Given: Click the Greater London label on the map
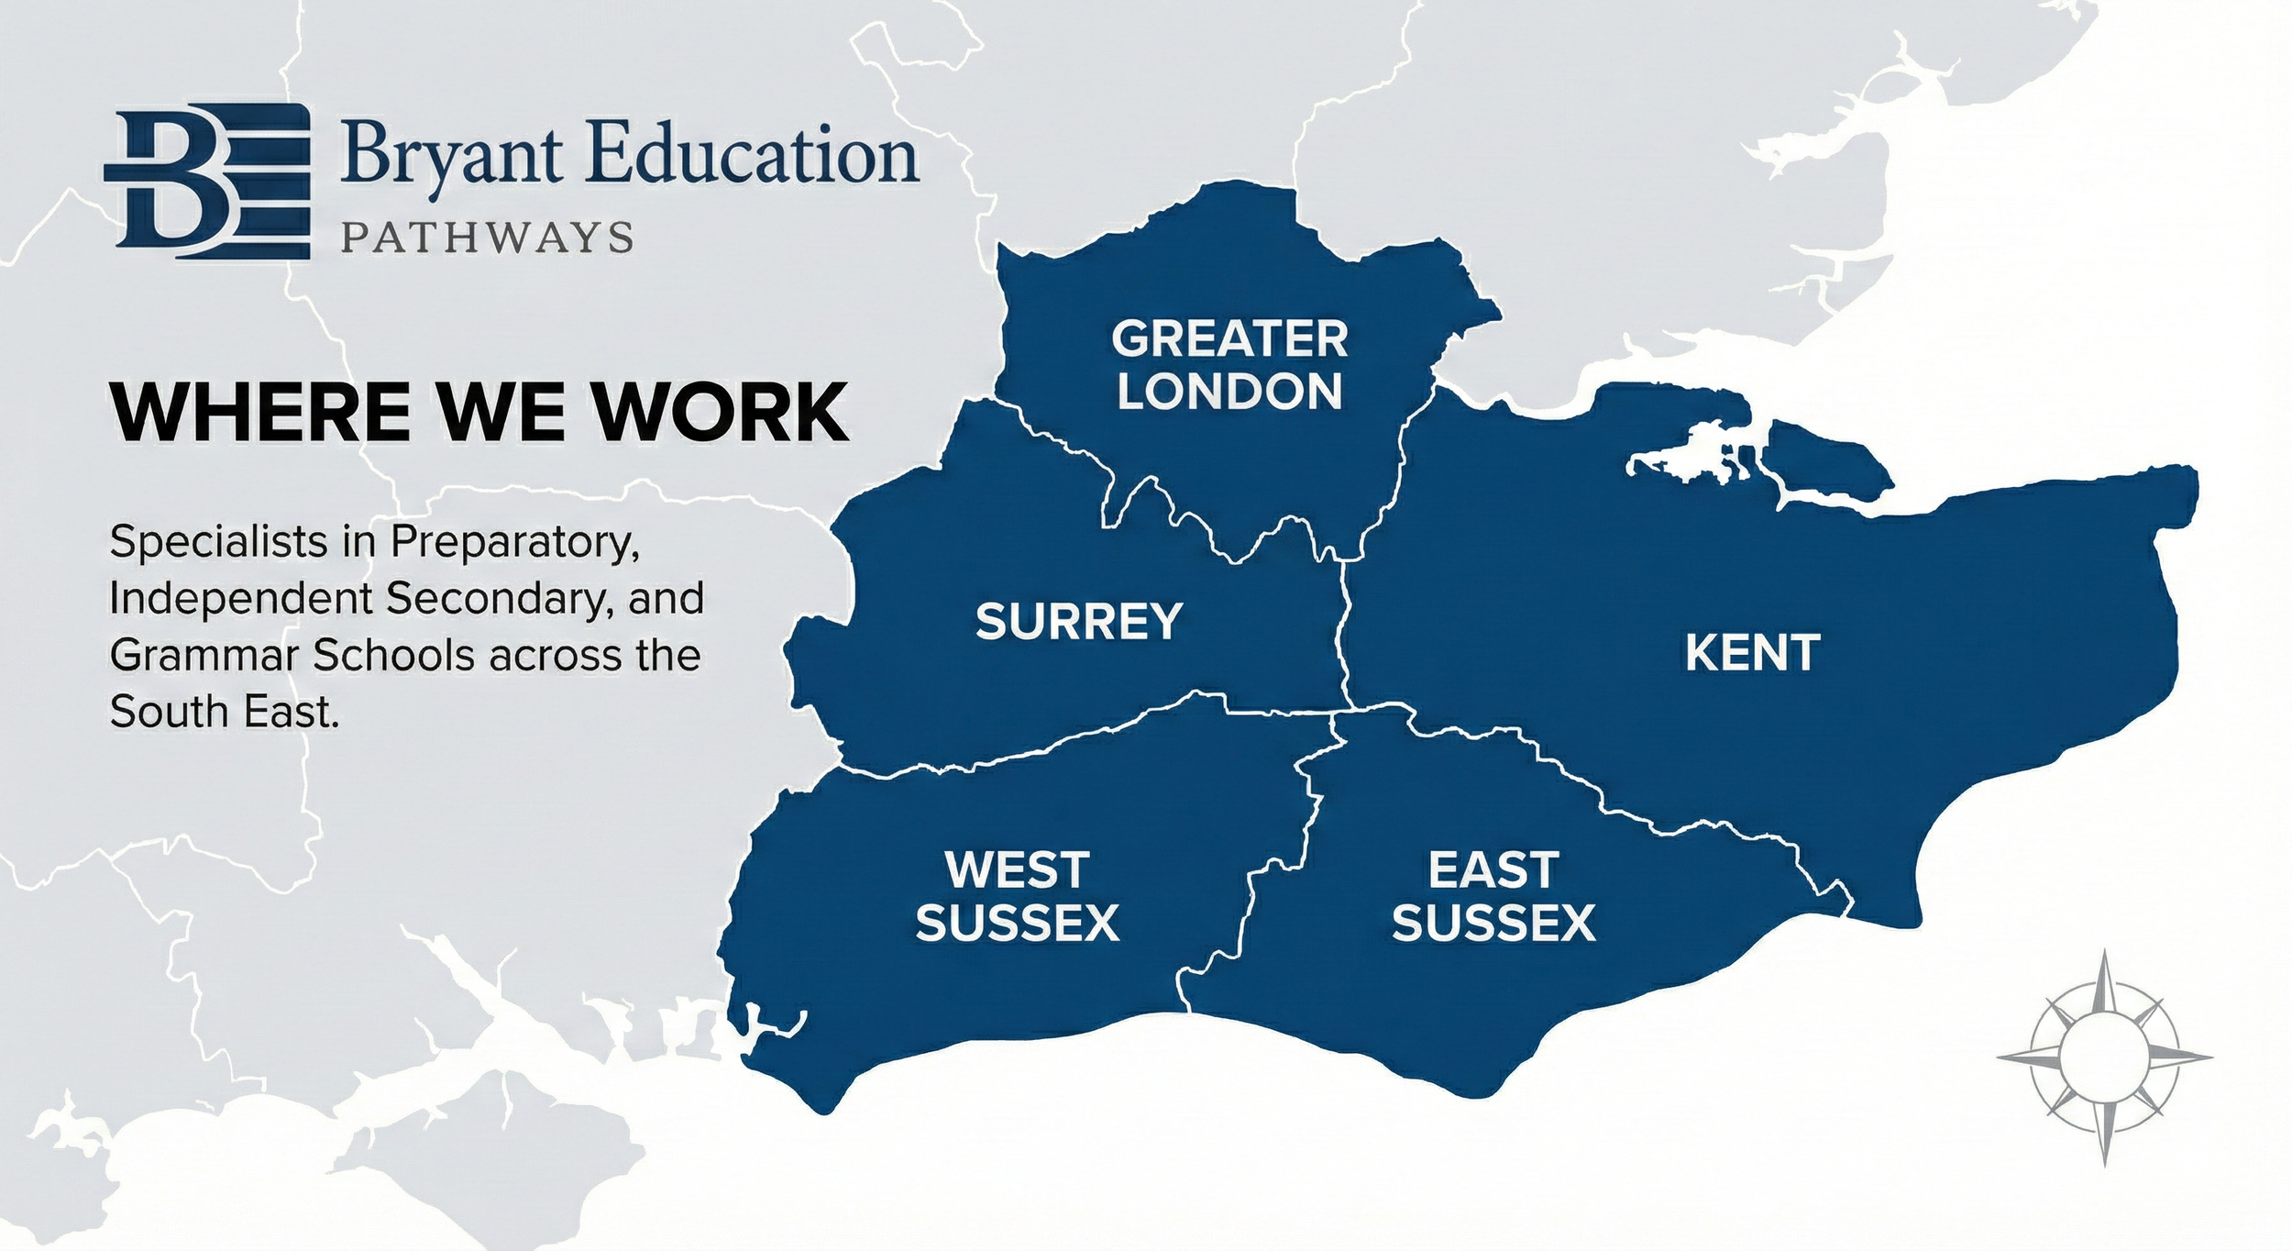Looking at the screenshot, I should click(x=1229, y=365).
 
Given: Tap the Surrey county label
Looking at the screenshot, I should click(x=1078, y=622).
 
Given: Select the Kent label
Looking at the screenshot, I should click(x=1752, y=653).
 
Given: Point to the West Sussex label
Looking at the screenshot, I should click(x=1017, y=896).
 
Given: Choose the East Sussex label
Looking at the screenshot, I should click(x=1493, y=896).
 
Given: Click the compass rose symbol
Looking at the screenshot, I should click(x=2104, y=1057).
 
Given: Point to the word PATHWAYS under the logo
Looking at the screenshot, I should click(x=487, y=238).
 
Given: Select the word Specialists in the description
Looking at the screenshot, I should click(x=218, y=543).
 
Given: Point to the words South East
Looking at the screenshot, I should click(x=225, y=712).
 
